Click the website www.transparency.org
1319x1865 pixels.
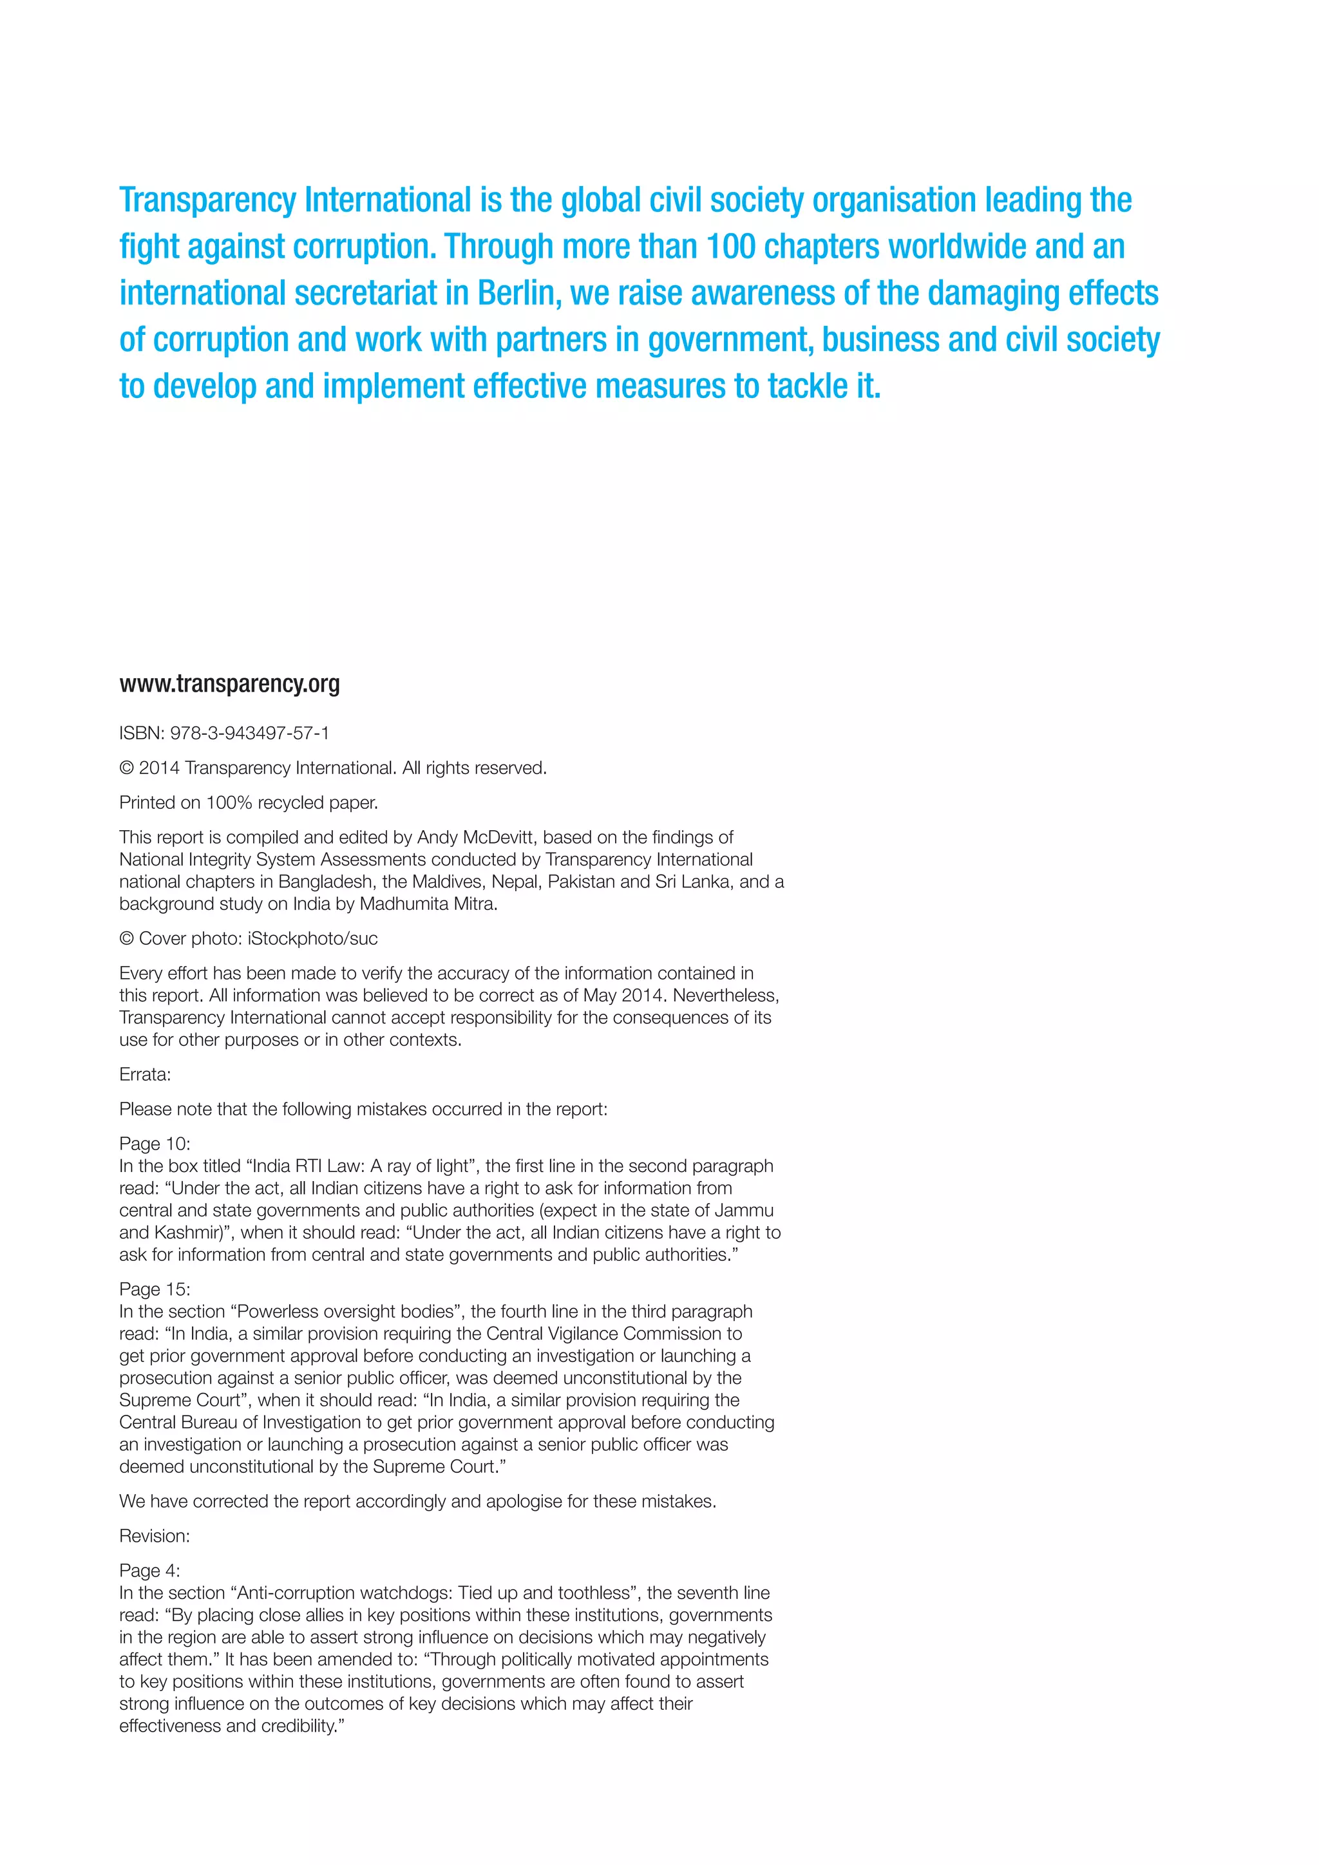coord(229,684)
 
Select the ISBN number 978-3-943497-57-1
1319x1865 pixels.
coord(249,733)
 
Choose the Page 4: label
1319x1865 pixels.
coord(149,1570)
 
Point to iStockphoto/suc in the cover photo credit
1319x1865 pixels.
coord(313,938)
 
